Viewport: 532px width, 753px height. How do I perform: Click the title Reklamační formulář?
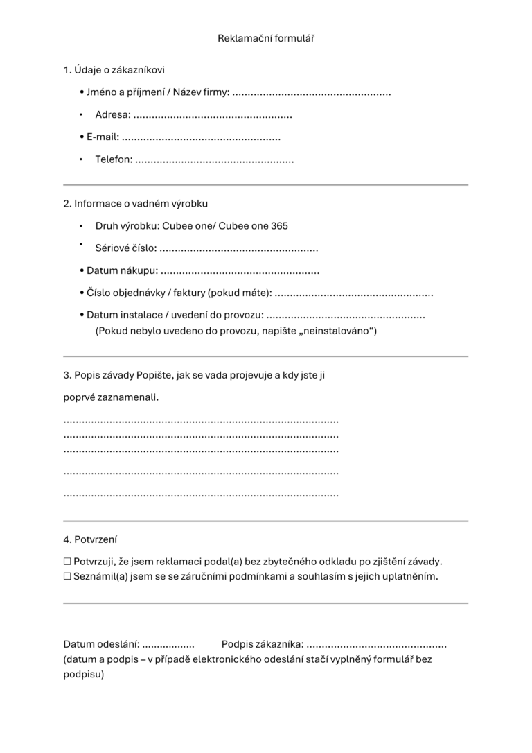(266, 38)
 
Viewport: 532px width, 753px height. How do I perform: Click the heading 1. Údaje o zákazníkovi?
(114, 70)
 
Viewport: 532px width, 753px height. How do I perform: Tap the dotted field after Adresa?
(213, 116)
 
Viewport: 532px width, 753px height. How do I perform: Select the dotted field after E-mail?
(201, 138)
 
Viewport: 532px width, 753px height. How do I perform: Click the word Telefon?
(113, 160)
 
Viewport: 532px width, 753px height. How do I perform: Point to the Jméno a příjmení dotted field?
(312, 93)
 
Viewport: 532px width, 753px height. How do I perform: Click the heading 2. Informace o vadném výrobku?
(136, 204)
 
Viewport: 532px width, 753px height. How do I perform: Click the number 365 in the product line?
(279, 226)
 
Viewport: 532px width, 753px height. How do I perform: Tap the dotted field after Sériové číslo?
(238, 249)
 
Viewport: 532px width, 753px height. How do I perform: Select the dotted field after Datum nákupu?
(240, 271)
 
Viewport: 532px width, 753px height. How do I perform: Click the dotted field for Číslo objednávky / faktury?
(354, 294)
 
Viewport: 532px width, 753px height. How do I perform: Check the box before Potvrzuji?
(67, 562)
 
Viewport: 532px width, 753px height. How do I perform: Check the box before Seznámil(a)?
(67, 577)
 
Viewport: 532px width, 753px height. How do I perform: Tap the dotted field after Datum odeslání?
(168, 645)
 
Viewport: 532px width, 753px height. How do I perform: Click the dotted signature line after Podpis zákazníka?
(377, 645)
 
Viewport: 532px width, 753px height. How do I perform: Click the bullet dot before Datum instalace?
(82, 315)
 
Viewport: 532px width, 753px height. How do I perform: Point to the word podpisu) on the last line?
(84, 674)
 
